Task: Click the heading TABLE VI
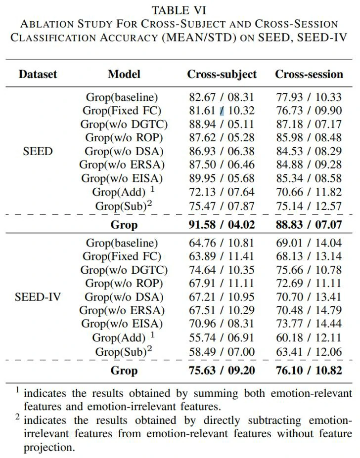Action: tap(179, 10)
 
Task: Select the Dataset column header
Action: tap(38, 75)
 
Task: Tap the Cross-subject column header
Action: tap(222, 75)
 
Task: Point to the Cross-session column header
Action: tap(309, 75)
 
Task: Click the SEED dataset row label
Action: tap(38, 151)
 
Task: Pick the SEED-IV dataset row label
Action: tap(38, 297)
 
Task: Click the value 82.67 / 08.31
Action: tap(222, 98)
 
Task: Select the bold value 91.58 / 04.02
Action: tap(222, 225)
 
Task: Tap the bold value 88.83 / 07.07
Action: tap(309, 225)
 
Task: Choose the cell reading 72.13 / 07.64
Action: tap(222, 192)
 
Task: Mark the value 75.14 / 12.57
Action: tap(309, 206)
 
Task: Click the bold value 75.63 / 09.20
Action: tap(222, 371)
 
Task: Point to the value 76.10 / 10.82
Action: tap(309, 371)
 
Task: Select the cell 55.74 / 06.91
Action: tap(222, 338)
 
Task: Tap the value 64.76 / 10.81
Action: tap(222, 244)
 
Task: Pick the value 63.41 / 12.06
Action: tap(309, 352)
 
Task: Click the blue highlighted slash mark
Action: tap(222, 111)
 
